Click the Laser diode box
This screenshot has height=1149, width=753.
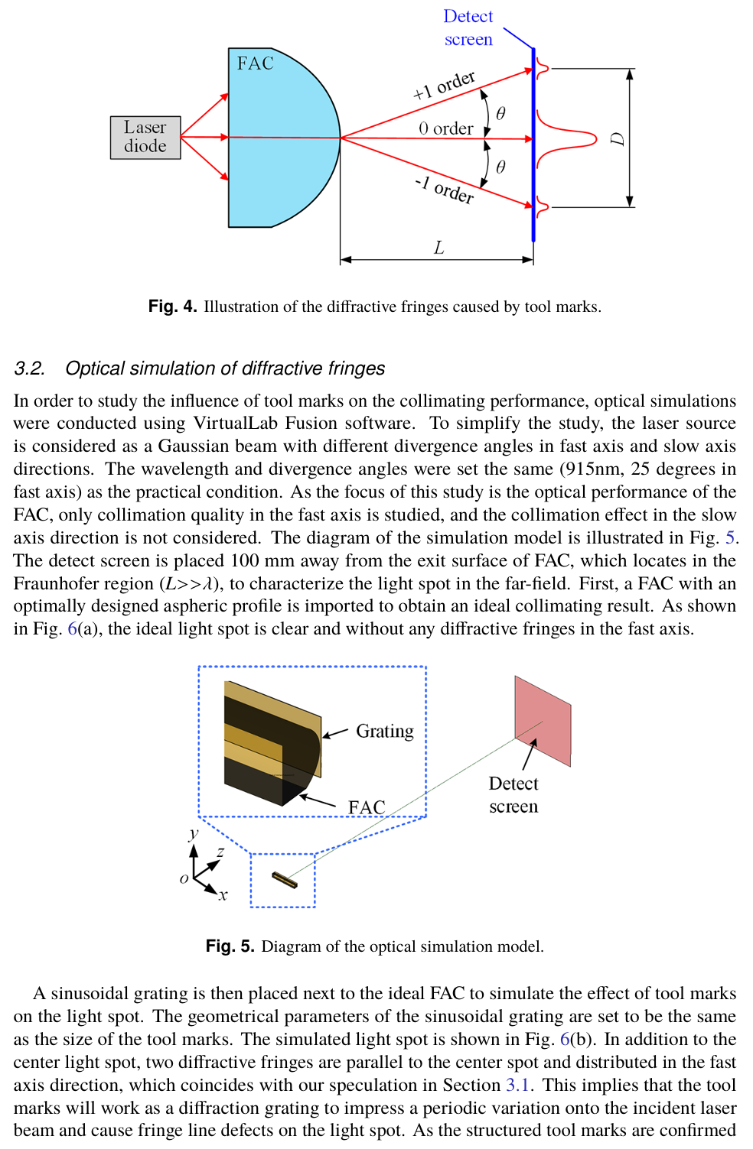[145, 138]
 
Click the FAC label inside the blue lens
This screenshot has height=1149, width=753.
[255, 63]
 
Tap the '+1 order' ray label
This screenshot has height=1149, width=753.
[444, 85]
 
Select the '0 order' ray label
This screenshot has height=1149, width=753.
[445, 128]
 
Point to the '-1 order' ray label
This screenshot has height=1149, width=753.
[444, 190]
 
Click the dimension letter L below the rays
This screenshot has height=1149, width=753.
[438, 248]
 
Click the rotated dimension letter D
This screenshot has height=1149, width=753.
[618, 138]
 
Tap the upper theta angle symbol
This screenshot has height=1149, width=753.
[500, 114]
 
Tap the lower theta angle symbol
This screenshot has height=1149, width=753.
[500, 167]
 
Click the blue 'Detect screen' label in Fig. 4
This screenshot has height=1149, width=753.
[468, 28]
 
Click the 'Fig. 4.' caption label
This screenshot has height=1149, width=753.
[172, 307]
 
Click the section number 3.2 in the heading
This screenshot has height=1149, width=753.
[29, 368]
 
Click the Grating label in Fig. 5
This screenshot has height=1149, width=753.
[384, 732]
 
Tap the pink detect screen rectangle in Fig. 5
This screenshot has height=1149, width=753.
[543, 720]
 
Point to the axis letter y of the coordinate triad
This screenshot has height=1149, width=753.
[194, 833]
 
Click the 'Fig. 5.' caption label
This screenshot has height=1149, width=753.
[230, 946]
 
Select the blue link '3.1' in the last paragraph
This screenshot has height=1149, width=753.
[518, 1085]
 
